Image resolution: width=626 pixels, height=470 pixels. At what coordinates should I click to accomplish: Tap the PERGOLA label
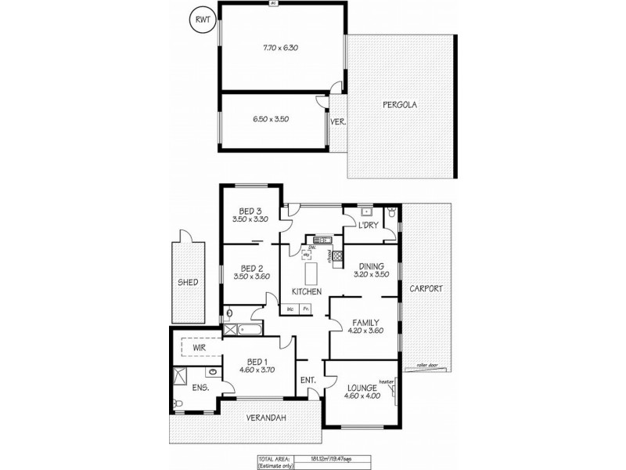tap(398, 104)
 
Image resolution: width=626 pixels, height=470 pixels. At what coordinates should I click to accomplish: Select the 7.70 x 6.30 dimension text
tap(281, 48)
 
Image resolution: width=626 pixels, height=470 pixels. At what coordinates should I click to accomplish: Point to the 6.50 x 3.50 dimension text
tap(272, 119)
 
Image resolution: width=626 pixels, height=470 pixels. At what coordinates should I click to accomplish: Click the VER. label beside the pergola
tap(338, 121)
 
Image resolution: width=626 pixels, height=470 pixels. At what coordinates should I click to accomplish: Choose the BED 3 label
tap(250, 211)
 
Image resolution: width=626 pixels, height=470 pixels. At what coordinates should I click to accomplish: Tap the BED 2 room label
tap(250, 266)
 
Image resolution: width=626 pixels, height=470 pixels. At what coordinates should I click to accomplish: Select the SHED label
tap(188, 282)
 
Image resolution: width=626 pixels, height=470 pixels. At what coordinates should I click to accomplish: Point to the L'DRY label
tap(368, 226)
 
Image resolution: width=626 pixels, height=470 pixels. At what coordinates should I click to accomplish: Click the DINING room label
tap(372, 266)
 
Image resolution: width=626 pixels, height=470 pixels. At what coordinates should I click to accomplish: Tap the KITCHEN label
tap(307, 291)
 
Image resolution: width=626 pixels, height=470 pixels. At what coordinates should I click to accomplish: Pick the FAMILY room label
tap(365, 322)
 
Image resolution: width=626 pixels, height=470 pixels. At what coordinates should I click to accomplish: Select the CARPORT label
tap(426, 288)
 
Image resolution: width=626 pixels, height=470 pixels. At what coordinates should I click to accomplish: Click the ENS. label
tap(200, 387)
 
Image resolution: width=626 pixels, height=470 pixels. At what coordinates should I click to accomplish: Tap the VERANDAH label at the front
tap(267, 418)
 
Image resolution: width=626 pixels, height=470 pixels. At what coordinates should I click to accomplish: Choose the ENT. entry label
tap(308, 381)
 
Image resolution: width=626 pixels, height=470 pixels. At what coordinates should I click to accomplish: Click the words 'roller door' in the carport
tap(427, 365)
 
